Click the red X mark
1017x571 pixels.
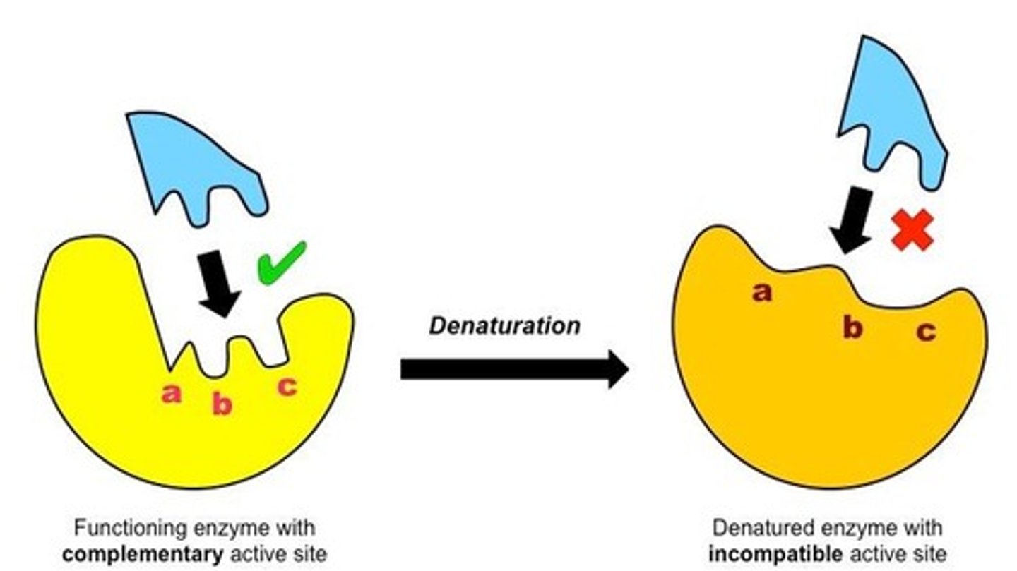click(912, 231)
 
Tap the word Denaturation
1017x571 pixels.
click(504, 325)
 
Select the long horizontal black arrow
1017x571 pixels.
click(513, 369)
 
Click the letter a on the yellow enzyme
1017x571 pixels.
click(171, 394)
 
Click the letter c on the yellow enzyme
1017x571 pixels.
click(286, 386)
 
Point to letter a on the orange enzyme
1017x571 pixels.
click(761, 291)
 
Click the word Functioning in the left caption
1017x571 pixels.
click(121, 528)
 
